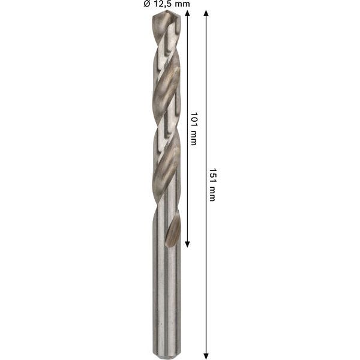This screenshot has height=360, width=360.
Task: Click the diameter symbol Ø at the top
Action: point(146,4)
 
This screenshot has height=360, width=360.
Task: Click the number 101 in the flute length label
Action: point(193,118)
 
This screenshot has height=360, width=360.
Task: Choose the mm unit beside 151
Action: point(211,193)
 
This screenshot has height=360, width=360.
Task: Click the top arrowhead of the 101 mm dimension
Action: point(187,13)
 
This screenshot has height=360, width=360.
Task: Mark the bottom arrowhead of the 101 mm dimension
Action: point(187,244)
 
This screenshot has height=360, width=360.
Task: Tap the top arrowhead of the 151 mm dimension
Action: point(206,13)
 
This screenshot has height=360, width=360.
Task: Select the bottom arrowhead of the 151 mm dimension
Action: point(206,355)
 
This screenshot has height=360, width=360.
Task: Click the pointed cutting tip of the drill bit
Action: point(164,13)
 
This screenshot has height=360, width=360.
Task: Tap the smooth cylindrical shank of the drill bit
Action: point(164,300)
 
